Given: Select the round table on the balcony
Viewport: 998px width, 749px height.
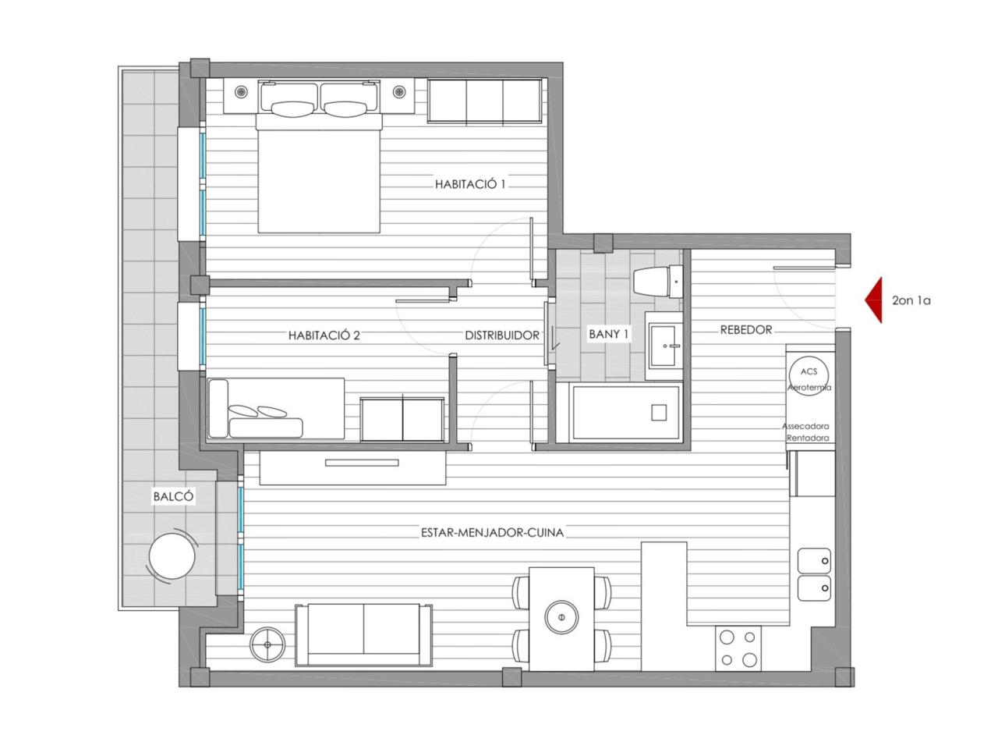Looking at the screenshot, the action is click(x=172, y=556).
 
